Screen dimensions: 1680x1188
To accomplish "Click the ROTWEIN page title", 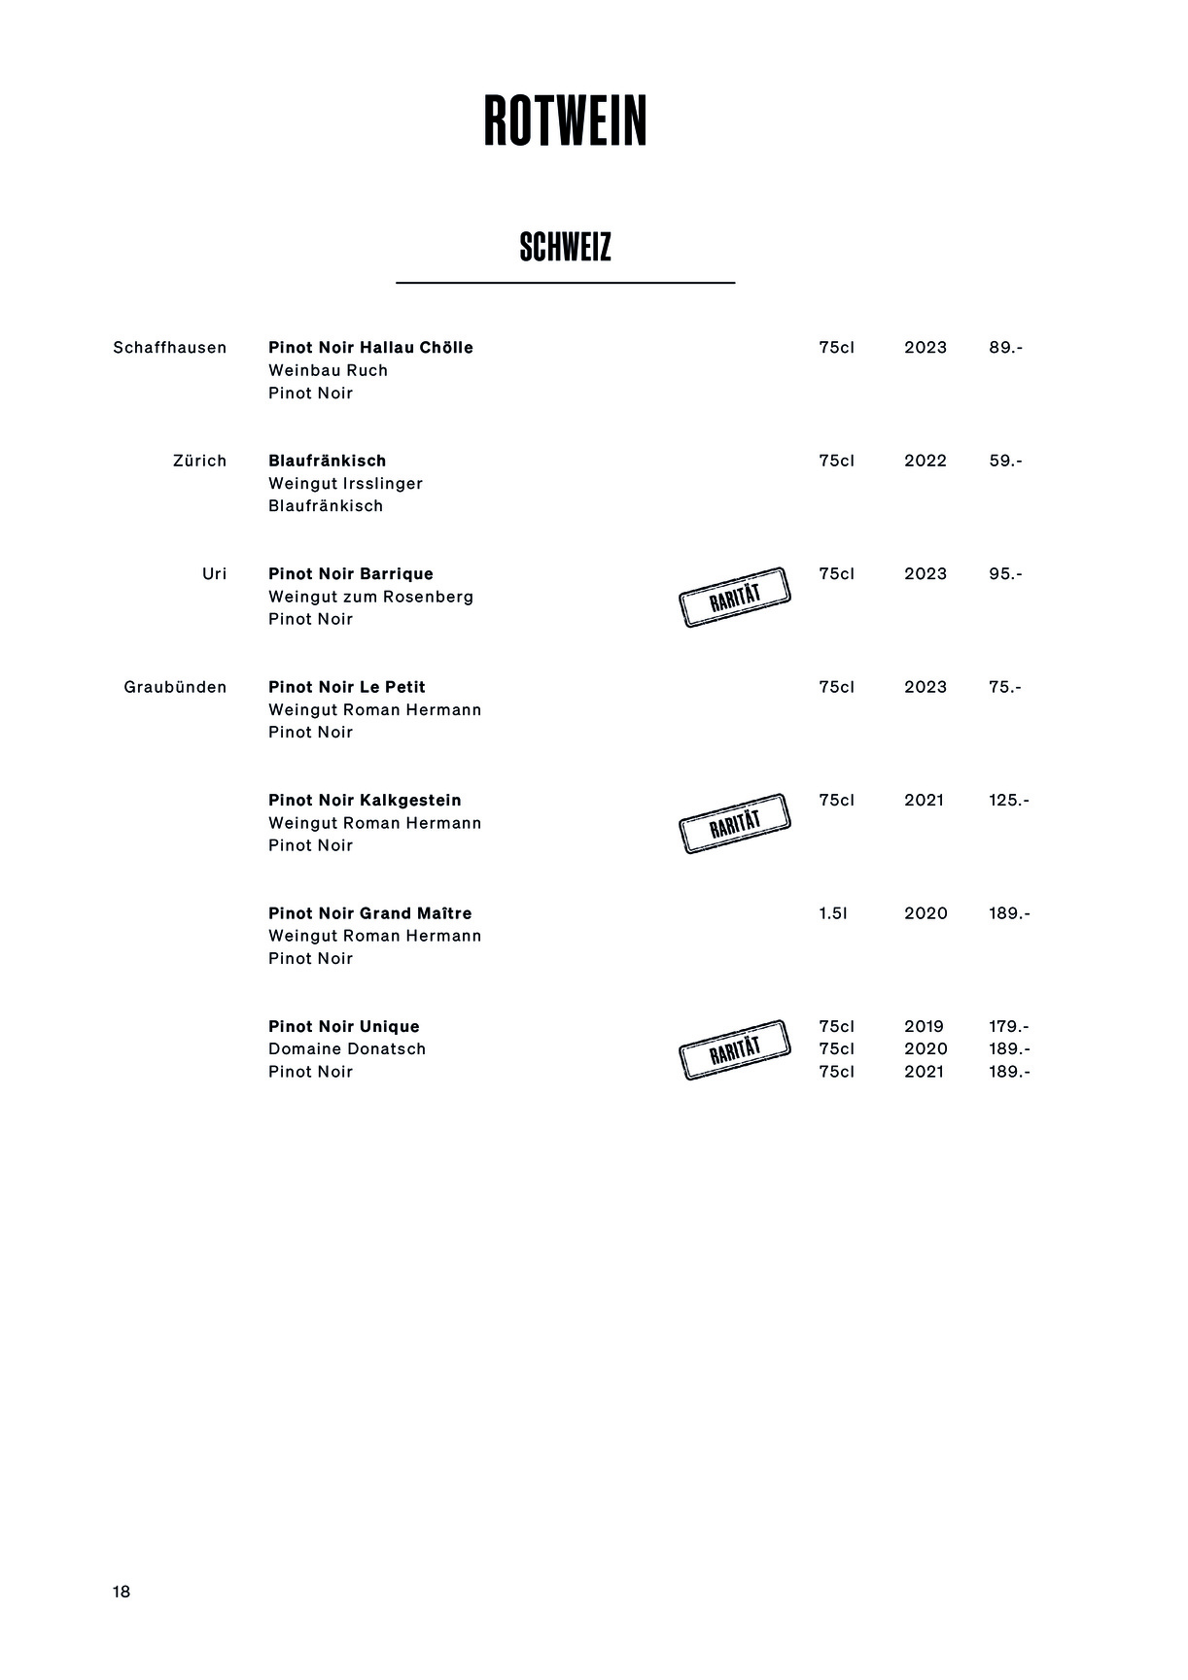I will [x=565, y=122].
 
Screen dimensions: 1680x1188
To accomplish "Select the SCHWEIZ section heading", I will [x=565, y=248].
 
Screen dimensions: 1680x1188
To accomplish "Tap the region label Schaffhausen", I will [x=169, y=348].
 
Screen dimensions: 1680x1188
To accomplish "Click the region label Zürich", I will [x=199, y=461].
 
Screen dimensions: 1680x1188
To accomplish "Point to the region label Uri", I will [x=214, y=574].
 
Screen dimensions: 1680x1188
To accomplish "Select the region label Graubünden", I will [x=175, y=687].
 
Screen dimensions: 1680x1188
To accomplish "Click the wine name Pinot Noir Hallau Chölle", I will [x=370, y=348].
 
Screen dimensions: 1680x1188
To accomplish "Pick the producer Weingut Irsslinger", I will [x=345, y=484].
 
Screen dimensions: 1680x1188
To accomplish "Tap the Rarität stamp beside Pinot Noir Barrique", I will [x=735, y=598].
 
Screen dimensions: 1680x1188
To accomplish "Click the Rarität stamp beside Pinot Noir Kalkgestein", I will [x=735, y=824].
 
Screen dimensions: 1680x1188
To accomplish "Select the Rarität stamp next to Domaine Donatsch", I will [x=735, y=1050].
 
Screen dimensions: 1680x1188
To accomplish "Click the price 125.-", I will [x=1008, y=801].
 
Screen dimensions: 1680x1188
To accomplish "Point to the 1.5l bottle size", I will [x=832, y=913].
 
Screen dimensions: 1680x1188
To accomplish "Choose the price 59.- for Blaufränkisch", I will [x=1005, y=461].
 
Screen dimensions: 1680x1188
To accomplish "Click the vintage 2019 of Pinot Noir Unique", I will [x=924, y=1027].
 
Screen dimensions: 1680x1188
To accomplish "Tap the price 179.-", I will [x=1008, y=1027].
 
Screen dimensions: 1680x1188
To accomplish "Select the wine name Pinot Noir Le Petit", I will [x=346, y=687].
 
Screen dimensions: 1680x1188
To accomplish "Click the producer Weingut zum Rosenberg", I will [x=370, y=597].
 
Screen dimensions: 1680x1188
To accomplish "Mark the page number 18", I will [x=122, y=1592].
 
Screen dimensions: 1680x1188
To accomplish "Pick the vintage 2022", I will [x=925, y=461].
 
